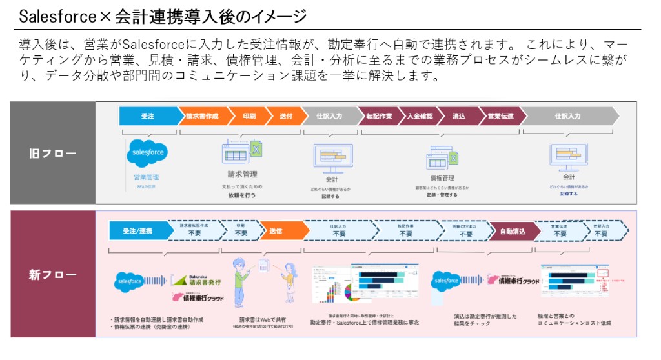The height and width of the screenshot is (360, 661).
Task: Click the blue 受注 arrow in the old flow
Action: click(148, 116)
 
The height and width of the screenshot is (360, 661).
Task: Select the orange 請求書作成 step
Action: click(202, 116)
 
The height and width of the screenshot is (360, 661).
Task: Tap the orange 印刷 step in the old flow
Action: click(249, 116)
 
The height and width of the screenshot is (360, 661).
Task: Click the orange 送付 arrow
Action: click(285, 116)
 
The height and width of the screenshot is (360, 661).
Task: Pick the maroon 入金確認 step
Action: click(420, 116)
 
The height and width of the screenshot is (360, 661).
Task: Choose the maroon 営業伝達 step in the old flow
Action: click(500, 116)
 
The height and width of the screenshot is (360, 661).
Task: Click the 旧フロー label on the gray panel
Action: click(53, 154)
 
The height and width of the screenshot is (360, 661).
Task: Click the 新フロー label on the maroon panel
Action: click(53, 275)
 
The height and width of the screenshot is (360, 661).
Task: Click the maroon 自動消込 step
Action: click(512, 230)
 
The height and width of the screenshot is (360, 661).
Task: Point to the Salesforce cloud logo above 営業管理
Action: click(148, 154)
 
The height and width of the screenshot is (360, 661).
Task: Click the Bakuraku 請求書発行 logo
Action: click(198, 278)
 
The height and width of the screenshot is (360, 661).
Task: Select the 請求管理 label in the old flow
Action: click(243, 174)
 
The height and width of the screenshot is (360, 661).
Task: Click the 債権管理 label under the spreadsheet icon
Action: click(442, 177)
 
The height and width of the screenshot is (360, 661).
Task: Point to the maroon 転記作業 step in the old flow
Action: click(378, 116)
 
